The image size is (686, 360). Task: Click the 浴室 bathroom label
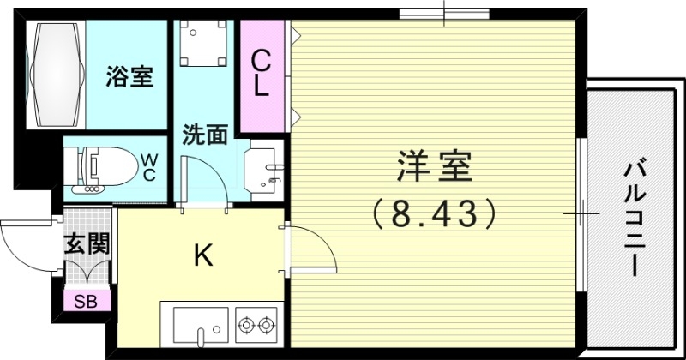coord(130,78)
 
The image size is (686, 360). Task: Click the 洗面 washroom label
coord(204,135)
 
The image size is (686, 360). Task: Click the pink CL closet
coord(262,75)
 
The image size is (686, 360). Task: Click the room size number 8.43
coord(435,212)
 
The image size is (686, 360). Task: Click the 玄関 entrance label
coord(87,243)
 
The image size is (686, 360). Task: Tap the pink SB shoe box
coord(85,300)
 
